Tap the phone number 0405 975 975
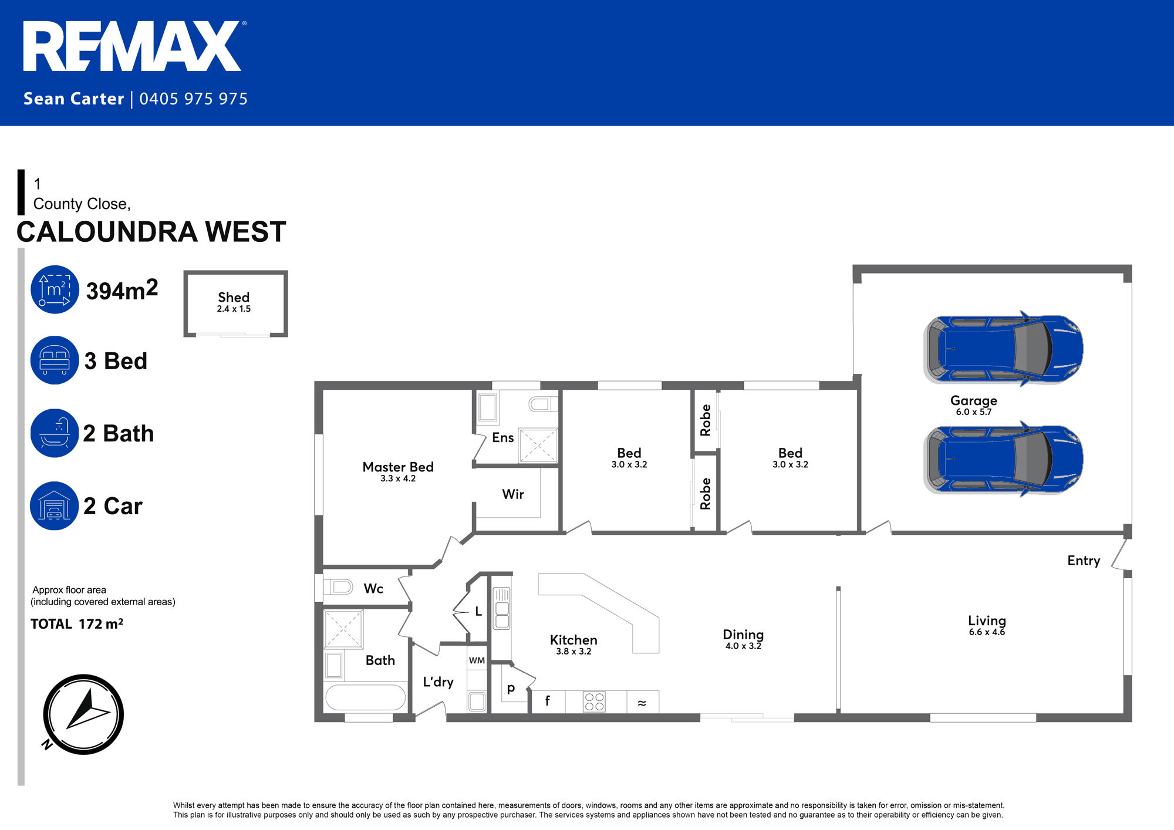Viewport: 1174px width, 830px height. (194, 99)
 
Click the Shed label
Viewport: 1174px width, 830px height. (234, 298)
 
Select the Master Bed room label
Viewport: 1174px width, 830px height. (398, 467)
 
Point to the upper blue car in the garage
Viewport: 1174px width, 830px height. (1003, 349)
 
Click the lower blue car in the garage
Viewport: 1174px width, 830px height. (1003, 458)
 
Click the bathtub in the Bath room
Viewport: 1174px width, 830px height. (365, 697)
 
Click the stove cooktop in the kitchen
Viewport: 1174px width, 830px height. (594, 701)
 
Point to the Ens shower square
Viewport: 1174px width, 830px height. (538, 446)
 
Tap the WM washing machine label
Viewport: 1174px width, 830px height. (477, 660)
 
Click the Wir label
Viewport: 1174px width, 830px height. (513, 494)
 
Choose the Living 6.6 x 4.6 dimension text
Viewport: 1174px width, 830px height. (987, 632)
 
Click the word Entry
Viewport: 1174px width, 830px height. (1084, 561)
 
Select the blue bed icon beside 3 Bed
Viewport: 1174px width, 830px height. (55, 360)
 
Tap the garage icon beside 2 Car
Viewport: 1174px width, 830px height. (54, 506)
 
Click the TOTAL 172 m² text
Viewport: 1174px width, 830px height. (77, 623)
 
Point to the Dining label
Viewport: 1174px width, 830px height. (743, 635)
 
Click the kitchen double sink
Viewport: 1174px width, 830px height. (502, 608)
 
